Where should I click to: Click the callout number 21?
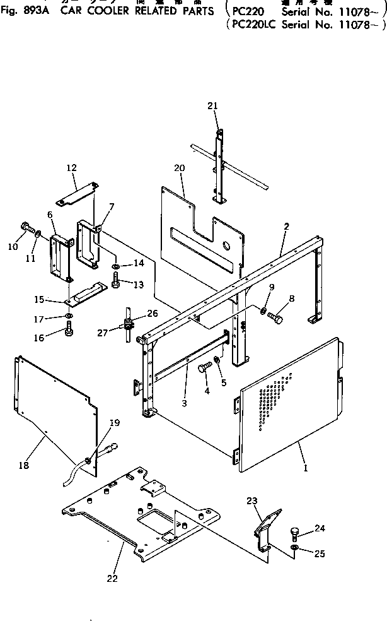212,106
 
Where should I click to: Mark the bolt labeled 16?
69,328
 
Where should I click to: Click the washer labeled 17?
69,316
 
